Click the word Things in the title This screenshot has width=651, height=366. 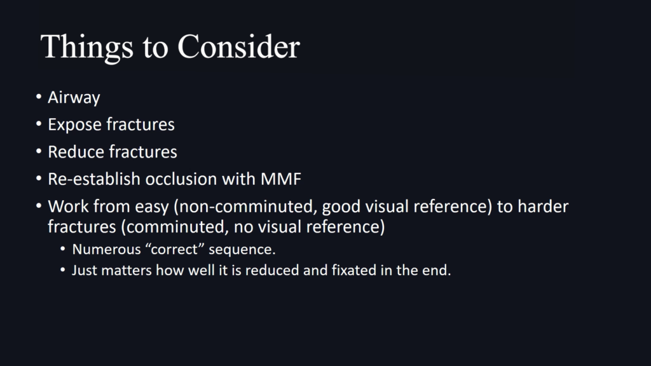pos(86,47)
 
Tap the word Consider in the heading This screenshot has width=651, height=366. pos(239,46)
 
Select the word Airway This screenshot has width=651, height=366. pos(74,98)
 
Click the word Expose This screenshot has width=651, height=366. pos(74,125)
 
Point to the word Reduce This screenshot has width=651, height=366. pos(74,152)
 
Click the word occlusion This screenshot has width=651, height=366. pos(181,179)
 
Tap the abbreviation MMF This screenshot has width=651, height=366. pos(280,179)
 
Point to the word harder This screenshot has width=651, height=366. pos(543,207)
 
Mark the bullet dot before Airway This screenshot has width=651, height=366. pos(39,97)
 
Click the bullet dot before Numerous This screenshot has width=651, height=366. pos(63,249)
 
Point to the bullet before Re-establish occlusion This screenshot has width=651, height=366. pos(39,179)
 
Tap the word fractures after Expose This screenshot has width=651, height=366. pos(140,125)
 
